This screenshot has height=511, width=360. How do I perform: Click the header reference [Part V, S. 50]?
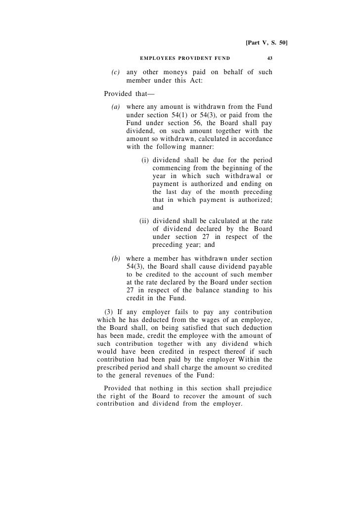point(266,43)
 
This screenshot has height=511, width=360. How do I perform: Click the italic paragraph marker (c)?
point(116,72)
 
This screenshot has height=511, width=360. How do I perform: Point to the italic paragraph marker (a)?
point(116,106)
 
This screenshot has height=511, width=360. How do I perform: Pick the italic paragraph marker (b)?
point(116,259)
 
